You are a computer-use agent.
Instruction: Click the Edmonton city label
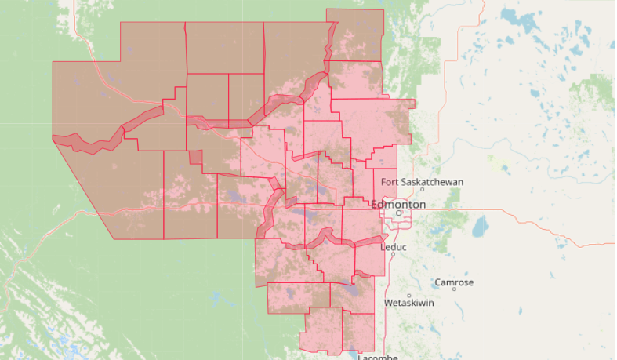pyautogui.click(x=405, y=204)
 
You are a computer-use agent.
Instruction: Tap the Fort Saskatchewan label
pyautogui.click(x=422, y=182)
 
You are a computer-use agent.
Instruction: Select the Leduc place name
pyautogui.click(x=394, y=247)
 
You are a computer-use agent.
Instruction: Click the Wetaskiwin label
pyautogui.click(x=408, y=303)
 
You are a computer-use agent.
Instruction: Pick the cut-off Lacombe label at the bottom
pyautogui.click(x=379, y=357)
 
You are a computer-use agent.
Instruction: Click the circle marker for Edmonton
pyautogui.click(x=398, y=213)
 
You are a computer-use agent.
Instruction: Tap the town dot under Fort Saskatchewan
pyautogui.click(x=423, y=189)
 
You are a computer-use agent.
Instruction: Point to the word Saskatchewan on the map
pyautogui.click(x=432, y=182)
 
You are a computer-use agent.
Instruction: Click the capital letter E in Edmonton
pyautogui.click(x=386, y=204)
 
